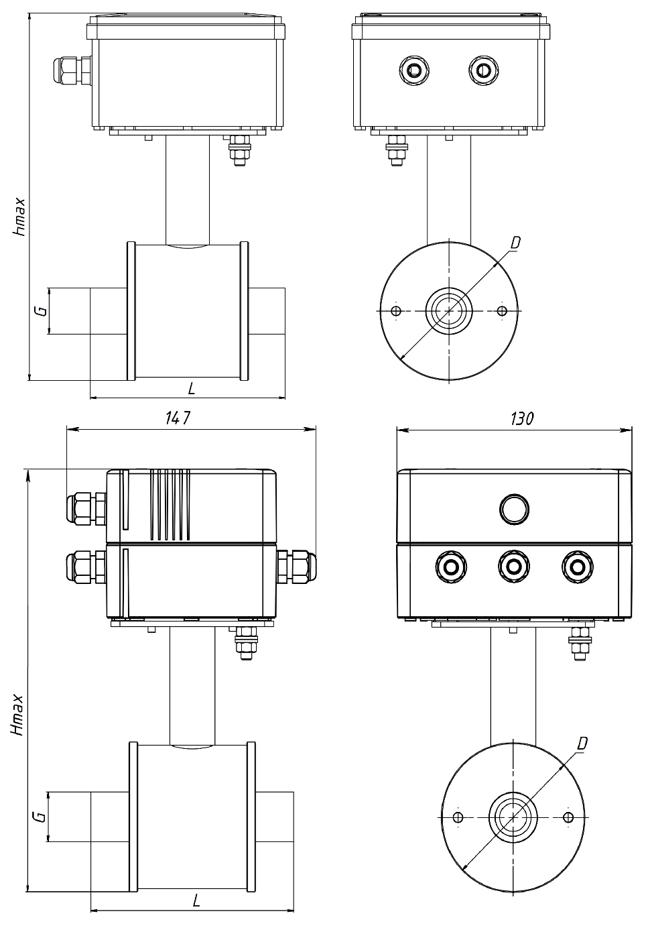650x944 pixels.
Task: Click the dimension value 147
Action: point(178,418)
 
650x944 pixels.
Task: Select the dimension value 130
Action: point(521,418)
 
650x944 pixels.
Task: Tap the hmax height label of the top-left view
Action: point(19,217)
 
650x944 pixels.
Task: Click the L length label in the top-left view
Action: point(192,389)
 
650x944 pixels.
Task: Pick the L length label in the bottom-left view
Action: point(196,900)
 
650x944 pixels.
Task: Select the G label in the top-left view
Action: point(40,311)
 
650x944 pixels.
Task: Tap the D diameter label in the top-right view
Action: point(515,243)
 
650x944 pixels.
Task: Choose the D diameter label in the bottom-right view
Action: point(582,744)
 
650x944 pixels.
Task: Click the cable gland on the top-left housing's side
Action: point(72,71)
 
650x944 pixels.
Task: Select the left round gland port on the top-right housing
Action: point(414,70)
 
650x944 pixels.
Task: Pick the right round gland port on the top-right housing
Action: point(483,70)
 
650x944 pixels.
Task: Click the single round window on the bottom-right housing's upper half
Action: point(514,509)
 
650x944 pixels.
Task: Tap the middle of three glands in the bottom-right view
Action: point(513,567)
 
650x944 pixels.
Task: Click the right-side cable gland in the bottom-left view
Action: point(297,566)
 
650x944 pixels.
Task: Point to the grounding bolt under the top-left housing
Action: point(239,150)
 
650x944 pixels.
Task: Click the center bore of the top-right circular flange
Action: point(449,311)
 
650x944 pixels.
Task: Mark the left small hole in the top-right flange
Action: point(395,311)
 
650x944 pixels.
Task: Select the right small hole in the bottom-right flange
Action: point(568,817)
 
